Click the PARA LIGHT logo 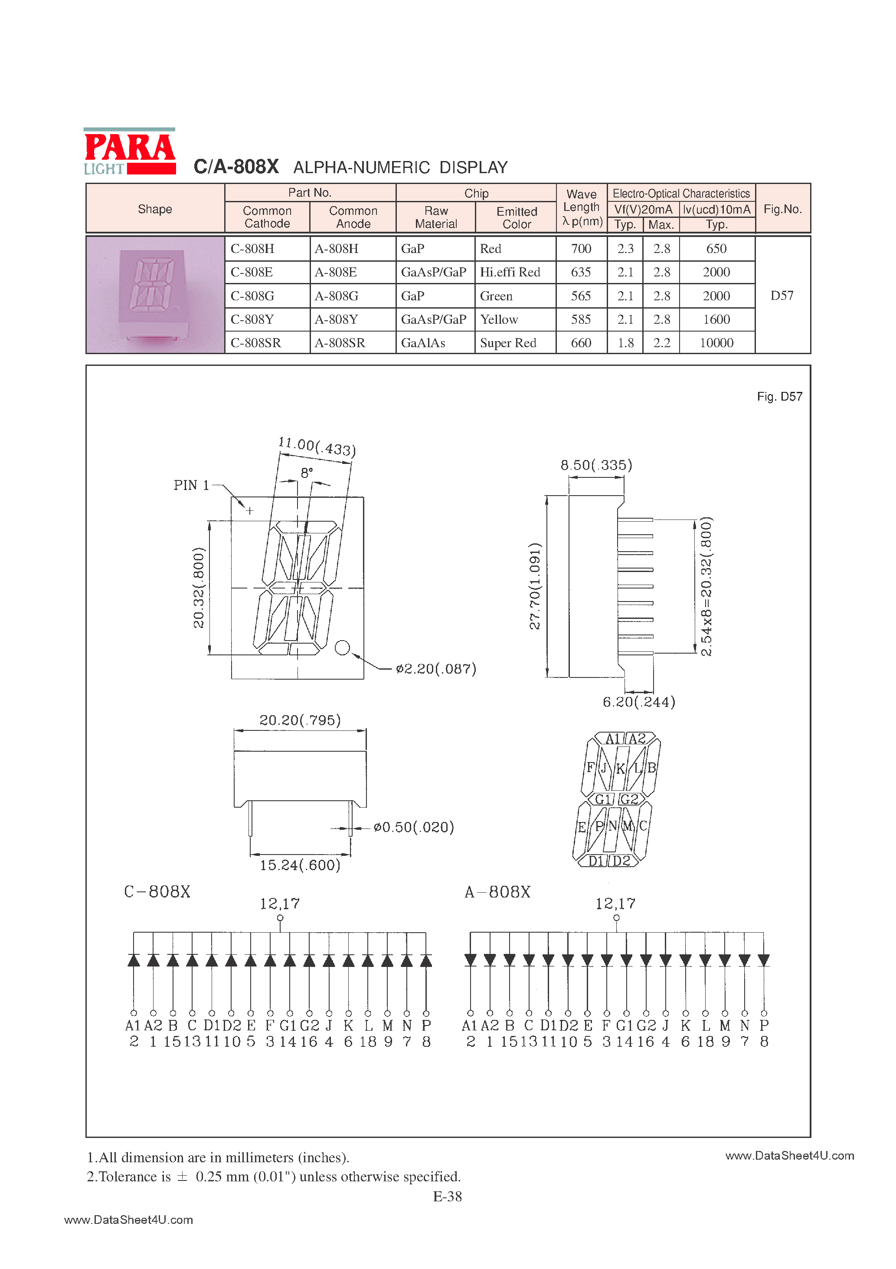129,152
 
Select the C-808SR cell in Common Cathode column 256,343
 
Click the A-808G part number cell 337,296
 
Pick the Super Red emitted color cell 508,343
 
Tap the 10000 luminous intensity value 716,343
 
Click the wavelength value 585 581,319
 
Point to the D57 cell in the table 782,296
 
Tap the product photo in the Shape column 155,295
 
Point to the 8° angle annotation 307,473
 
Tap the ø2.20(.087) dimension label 436,669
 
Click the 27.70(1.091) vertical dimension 535,586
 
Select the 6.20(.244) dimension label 638,702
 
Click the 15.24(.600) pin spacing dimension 300,865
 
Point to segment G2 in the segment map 629,799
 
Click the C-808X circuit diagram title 157,891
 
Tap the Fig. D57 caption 779,396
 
